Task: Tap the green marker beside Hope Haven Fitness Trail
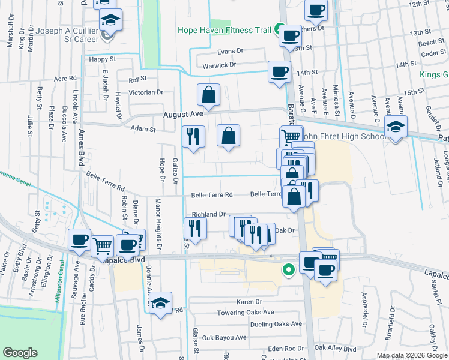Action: point(279,28)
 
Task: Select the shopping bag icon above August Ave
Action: point(208,95)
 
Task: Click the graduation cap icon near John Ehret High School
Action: point(396,127)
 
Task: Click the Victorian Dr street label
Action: point(147,92)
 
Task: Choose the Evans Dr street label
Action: point(230,52)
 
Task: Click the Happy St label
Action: point(102,59)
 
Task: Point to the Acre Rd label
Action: point(65,79)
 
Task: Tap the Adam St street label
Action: point(143,128)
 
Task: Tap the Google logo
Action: point(20,353)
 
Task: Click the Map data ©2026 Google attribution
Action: point(411,355)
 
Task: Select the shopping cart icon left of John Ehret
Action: point(291,136)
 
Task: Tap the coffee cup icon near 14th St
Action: point(279,72)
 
